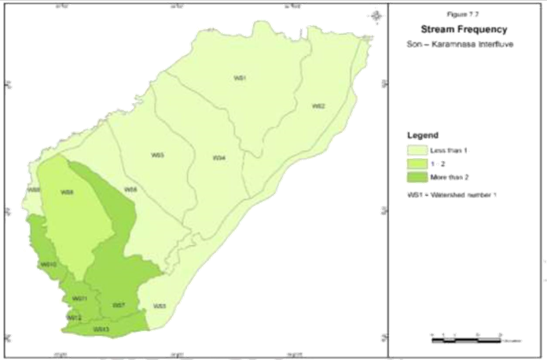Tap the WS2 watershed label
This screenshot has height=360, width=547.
click(x=318, y=105)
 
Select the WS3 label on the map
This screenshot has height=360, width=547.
click(x=157, y=156)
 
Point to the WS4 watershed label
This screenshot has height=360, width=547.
click(x=219, y=158)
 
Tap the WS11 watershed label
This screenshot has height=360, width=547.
click(x=79, y=299)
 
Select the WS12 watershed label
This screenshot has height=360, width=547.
click(x=73, y=318)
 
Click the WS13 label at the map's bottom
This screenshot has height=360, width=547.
click(x=101, y=329)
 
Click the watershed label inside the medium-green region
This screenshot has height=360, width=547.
click(x=68, y=192)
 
